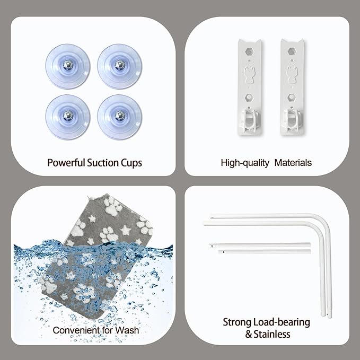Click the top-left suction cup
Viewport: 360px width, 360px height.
click(x=68, y=66)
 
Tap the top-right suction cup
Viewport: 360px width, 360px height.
click(x=119, y=66)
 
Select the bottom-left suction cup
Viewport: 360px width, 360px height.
click(x=68, y=117)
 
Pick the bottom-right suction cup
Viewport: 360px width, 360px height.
click(x=119, y=117)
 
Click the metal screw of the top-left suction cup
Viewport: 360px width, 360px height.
click(x=68, y=65)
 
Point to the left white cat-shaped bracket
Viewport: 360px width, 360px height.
click(x=250, y=87)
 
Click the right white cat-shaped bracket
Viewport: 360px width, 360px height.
click(x=292, y=87)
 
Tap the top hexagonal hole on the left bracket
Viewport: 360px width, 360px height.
click(x=249, y=51)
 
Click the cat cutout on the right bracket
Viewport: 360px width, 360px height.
click(x=292, y=74)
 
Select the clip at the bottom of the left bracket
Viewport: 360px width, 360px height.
click(x=250, y=121)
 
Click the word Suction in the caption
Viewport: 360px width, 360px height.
click(x=103, y=163)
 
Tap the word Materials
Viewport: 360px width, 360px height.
click(x=293, y=163)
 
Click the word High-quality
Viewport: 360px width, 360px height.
click(x=245, y=163)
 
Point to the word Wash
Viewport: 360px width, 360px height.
click(x=127, y=330)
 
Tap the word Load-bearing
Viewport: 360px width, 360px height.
click(x=282, y=322)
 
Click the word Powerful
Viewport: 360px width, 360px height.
click(x=66, y=163)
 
